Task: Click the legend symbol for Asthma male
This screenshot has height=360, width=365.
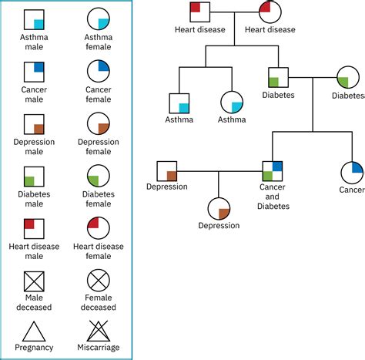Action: pyautogui.click(x=33, y=19)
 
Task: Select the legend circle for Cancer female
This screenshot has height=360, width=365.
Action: pyautogui.click(x=98, y=72)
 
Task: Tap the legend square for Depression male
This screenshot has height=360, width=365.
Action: pyautogui.click(x=33, y=124)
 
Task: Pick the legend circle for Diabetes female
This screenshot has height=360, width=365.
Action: pyautogui.click(x=98, y=177)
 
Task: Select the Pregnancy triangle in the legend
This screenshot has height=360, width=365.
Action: pyautogui.click(x=33, y=331)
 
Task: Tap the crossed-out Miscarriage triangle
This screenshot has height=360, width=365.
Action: pyautogui.click(x=98, y=331)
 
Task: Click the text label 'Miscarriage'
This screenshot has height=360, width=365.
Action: pyautogui.click(x=98, y=348)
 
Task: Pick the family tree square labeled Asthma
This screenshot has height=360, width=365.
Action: pyautogui.click(x=179, y=103)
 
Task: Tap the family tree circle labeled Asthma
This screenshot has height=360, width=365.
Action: pyautogui.click(x=232, y=103)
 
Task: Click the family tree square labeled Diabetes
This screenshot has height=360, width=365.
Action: pyautogui.click(x=278, y=78)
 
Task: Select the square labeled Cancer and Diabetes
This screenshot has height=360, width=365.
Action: pyautogui.click(x=273, y=170)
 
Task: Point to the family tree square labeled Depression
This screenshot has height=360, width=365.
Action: pyautogui.click(x=167, y=171)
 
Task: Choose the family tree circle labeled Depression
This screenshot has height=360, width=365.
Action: pyautogui.click(x=219, y=208)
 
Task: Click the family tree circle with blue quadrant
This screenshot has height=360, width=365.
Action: pyautogui.click(x=352, y=171)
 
